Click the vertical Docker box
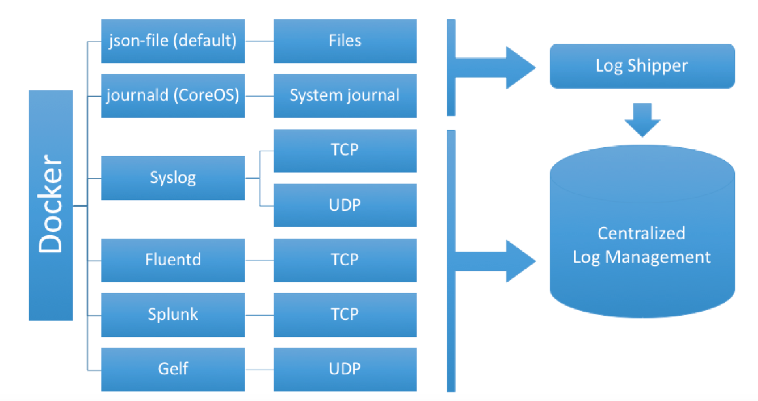(x=50, y=205)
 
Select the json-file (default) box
(x=173, y=41)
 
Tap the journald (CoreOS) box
(x=173, y=96)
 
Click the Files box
(x=345, y=41)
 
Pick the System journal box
(x=345, y=96)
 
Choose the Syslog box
(x=173, y=178)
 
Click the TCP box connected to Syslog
(x=345, y=150)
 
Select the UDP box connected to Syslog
(x=345, y=205)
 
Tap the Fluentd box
(x=173, y=260)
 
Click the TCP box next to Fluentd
(x=345, y=260)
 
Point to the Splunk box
(x=173, y=315)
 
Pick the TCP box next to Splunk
(x=345, y=315)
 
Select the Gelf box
(x=173, y=369)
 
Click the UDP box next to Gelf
(x=345, y=369)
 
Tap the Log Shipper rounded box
(x=642, y=66)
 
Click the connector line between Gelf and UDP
(x=259, y=370)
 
